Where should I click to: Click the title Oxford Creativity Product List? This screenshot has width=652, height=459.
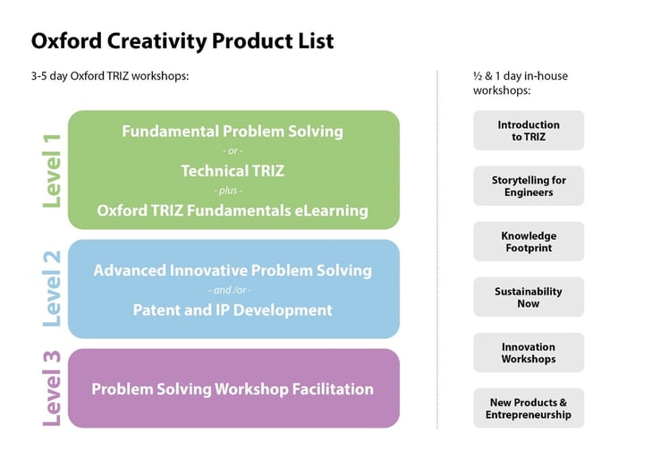click(x=182, y=41)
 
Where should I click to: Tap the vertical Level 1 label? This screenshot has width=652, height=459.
click(x=52, y=170)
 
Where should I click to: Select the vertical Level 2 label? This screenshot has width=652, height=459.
click(x=52, y=288)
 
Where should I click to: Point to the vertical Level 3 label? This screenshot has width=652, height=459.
click(x=52, y=388)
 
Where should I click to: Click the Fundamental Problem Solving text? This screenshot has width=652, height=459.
click(x=233, y=132)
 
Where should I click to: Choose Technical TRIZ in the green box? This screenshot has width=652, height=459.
click(x=233, y=171)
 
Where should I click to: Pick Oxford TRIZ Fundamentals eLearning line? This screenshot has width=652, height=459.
click(x=233, y=211)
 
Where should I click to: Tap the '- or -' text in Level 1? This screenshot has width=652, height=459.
click(x=233, y=151)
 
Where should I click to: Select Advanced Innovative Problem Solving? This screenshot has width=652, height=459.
click(x=233, y=270)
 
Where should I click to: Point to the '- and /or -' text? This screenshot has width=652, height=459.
click(x=233, y=291)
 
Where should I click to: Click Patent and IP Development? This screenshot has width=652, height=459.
click(x=233, y=310)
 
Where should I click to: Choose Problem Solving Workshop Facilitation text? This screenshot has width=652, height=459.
click(x=233, y=389)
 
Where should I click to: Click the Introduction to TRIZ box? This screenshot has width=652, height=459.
click(x=528, y=131)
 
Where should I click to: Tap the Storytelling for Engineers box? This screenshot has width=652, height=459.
click(x=528, y=186)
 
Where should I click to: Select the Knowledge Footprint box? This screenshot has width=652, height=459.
click(x=528, y=242)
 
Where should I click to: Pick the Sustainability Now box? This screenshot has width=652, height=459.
click(x=528, y=297)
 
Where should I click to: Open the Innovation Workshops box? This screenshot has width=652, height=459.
click(x=528, y=353)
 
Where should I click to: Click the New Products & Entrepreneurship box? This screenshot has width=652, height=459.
click(x=528, y=408)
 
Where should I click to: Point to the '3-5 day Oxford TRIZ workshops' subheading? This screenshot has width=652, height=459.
click(x=110, y=76)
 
